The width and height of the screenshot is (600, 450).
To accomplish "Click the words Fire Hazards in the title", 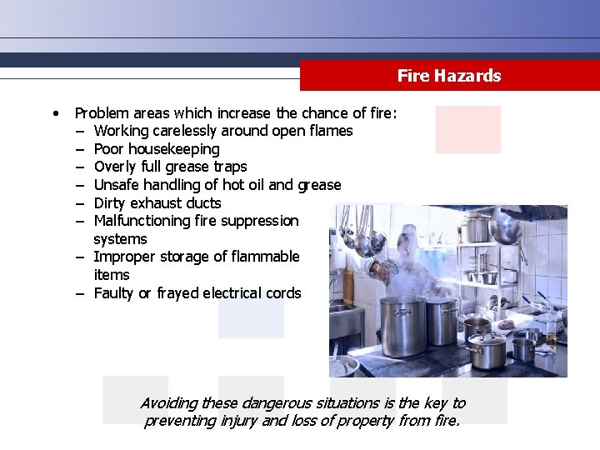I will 449,77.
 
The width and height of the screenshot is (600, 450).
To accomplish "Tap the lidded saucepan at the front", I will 486,350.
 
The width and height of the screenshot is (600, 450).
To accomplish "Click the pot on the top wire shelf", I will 478,227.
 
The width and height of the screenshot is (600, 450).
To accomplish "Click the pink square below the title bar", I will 467,128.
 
